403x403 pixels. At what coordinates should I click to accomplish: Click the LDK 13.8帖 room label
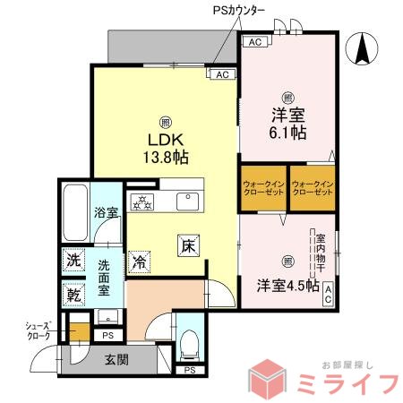pyautogui.click(x=164, y=147)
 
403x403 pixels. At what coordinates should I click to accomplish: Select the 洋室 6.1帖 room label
pyautogui.click(x=287, y=122)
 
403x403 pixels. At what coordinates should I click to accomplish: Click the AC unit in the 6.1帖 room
pyautogui.click(x=254, y=42)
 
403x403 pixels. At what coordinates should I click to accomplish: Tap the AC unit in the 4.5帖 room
pyautogui.click(x=330, y=293)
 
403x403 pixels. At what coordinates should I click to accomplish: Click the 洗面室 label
pyautogui.click(x=104, y=277)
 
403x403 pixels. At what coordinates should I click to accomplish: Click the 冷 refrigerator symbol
pyautogui.click(x=140, y=262)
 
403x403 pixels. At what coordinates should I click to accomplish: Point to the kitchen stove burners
pyautogui.click(x=142, y=201)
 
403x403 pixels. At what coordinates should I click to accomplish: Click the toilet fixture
pyautogui.click(x=189, y=341)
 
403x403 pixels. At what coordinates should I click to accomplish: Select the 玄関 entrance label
pyautogui.click(x=116, y=360)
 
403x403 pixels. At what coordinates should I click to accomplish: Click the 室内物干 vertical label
pyautogui.click(x=320, y=254)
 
